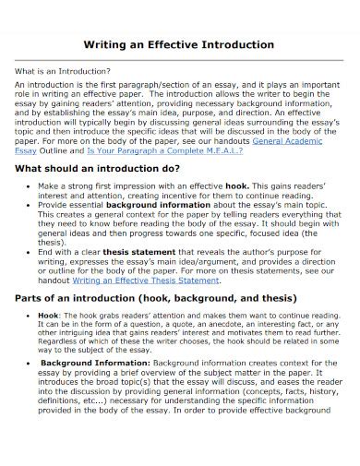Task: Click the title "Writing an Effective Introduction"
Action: tap(179, 43)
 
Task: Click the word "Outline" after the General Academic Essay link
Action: tap(54, 153)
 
